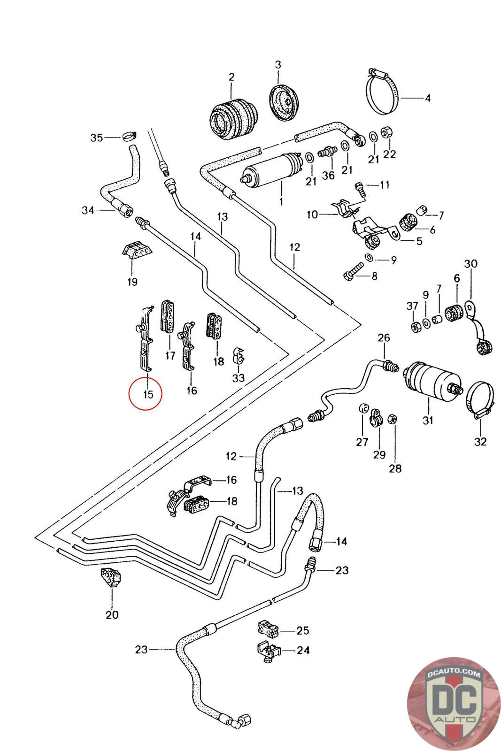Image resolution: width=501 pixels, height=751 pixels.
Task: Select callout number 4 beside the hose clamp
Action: pos(428,99)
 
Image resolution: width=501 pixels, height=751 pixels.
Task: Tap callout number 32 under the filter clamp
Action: pos(480,441)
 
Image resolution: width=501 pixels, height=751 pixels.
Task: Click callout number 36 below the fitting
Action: pos(328,175)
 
